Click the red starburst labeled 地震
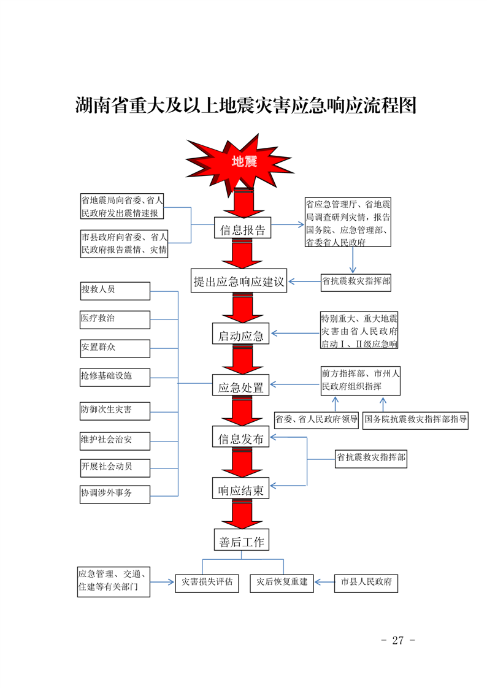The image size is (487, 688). coord(243,161)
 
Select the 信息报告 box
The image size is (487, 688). coord(242,230)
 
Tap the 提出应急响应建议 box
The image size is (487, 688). coord(239,281)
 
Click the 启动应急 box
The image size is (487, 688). coord(241,335)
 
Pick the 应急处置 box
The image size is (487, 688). coord(241,387)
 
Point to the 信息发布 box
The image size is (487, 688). coord(241,438)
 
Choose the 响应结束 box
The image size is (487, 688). coord(241,490)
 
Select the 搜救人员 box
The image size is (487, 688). coord(115,290)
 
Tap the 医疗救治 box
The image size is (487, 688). coord(115,319)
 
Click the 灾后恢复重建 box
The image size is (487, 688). coord(282,583)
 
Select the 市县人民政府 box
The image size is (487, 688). coord(366,583)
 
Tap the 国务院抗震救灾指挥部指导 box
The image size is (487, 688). coord(416,420)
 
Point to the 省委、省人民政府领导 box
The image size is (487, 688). coord(316,420)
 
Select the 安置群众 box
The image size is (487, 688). coord(115,348)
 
